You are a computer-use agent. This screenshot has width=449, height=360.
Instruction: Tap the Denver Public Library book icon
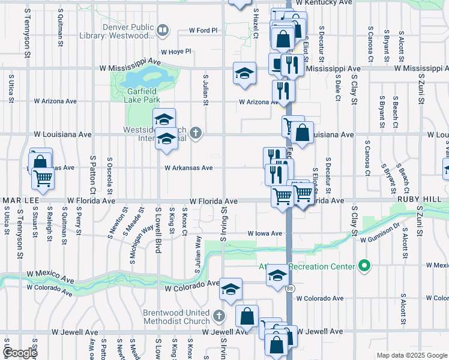point(162,30)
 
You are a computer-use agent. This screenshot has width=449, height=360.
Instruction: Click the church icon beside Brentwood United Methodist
point(219,315)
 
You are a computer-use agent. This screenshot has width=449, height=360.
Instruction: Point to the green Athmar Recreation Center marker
point(363,265)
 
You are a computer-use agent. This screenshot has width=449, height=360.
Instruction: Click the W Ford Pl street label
point(203,30)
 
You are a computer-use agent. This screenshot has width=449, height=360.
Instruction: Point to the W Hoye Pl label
point(175,52)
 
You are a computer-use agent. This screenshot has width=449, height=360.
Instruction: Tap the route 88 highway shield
point(291,289)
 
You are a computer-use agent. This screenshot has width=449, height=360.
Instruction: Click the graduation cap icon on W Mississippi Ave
point(244,74)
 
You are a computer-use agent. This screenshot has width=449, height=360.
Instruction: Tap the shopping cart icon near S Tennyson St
point(43,177)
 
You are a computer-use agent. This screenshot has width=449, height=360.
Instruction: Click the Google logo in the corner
point(20,353)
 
